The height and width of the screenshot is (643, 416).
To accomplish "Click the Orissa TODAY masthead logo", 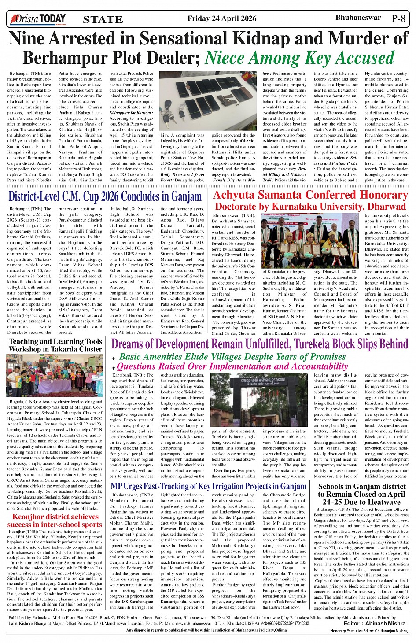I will (39, 19).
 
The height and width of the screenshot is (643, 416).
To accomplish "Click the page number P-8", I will (398, 19).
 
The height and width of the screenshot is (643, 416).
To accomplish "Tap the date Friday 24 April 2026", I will (221, 18).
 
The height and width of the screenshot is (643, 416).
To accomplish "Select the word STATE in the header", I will (103, 20).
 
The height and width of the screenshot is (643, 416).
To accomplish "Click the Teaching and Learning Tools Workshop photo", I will (55, 376).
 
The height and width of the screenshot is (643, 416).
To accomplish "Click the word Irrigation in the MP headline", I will (233, 486).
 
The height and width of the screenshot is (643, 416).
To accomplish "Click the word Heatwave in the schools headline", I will (380, 502).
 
